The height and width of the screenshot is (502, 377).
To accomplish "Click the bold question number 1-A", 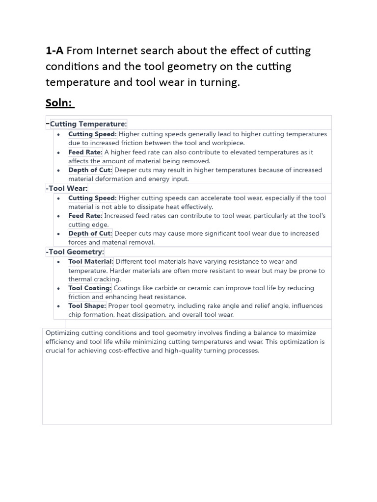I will tap(55, 50).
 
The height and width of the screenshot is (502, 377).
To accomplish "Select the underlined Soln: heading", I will tap(60, 103).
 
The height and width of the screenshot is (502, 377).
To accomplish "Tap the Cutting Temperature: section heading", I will tap(88, 124).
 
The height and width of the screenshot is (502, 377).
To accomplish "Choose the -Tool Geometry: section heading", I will tap(75, 252).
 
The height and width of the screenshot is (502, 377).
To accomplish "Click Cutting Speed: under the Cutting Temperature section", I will tap(92, 134).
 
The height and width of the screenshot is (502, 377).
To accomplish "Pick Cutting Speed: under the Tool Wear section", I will tap(92, 198).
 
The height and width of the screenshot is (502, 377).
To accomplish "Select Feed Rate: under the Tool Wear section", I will tap(85, 216).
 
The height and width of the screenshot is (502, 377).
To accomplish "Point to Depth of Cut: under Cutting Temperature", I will tap(90, 170).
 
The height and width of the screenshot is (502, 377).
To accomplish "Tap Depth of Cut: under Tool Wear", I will tap(90, 233).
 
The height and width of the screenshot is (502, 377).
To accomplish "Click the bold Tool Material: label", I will tap(91, 262).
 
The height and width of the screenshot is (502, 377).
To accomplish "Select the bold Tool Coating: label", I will tap(90, 288).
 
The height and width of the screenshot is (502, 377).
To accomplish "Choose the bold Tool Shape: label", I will tap(87, 306).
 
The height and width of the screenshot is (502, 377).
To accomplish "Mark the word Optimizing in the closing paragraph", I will tap(62, 333).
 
